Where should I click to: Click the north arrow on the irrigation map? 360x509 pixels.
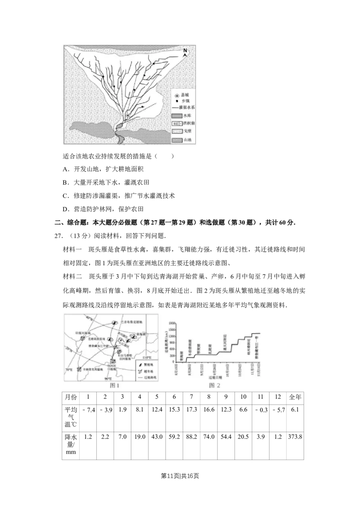tap(185, 52)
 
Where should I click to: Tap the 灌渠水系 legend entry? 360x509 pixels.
tap(183, 108)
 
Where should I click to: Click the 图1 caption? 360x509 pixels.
tap(115, 385)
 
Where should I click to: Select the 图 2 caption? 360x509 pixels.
tap(215, 385)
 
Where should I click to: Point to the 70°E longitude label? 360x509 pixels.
tap(69, 370)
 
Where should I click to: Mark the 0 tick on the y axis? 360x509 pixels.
tap(173, 361)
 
